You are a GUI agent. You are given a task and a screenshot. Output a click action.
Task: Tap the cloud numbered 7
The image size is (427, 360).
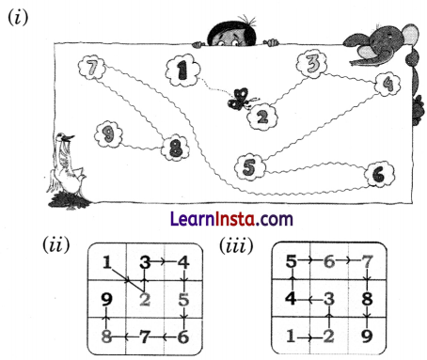[91, 70]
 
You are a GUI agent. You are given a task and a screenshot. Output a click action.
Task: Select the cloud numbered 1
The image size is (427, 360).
[182, 69]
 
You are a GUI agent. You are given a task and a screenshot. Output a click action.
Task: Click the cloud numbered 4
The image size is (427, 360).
[386, 84]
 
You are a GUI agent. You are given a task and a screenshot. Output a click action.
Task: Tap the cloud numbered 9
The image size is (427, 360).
[109, 134]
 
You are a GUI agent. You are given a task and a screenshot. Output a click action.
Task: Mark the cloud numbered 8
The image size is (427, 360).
[175, 148]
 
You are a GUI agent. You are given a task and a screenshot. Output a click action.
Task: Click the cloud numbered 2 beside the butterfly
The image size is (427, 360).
[262, 117]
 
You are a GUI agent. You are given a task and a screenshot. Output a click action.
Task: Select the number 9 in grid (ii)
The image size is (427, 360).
[106, 301]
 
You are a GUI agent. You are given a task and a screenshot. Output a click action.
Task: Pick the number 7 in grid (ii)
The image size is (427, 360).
[145, 335]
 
